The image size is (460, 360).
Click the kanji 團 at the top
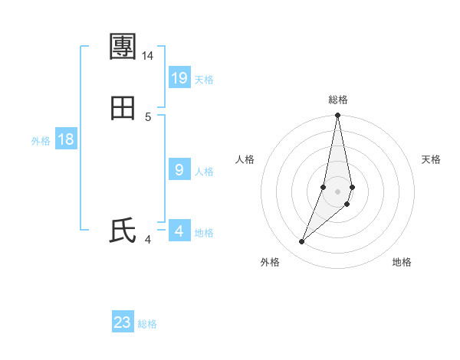pyautogui.click(x=123, y=47)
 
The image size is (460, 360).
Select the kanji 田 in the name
pyautogui.click(x=123, y=109)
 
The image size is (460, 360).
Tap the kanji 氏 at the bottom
pyautogui.click(x=123, y=231)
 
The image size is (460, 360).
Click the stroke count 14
pyautogui.click(x=148, y=56)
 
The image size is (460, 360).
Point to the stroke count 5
pyautogui.click(x=148, y=116)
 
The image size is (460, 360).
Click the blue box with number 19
pyautogui.click(x=179, y=78)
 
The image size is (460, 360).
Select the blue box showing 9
pyautogui.click(x=179, y=170)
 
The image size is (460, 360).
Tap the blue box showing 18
pyautogui.click(x=66, y=139)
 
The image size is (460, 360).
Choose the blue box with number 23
pyautogui.click(x=123, y=322)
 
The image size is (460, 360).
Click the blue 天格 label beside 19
pyautogui.click(x=204, y=80)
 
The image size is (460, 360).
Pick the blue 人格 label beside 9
pyautogui.click(x=204, y=172)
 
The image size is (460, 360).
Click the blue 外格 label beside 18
pyautogui.click(x=41, y=141)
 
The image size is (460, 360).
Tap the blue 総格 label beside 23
pyautogui.click(x=147, y=324)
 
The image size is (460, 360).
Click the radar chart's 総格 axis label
pyautogui.click(x=338, y=100)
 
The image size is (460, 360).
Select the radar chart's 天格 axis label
pyautogui.click(x=431, y=159)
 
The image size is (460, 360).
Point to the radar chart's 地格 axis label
pyautogui.click(x=402, y=262)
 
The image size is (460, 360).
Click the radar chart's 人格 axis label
pyautogui.click(x=245, y=159)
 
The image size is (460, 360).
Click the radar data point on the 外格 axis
pyautogui.click(x=302, y=242)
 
